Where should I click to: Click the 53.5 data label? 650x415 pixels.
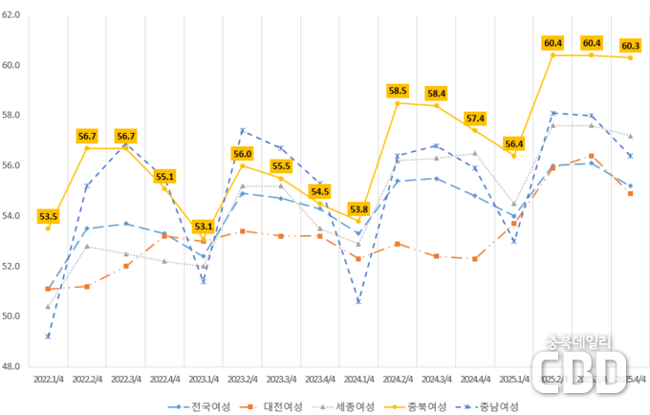tap(48, 216)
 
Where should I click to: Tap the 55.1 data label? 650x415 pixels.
tap(164, 176)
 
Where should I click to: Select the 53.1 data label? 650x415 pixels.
tap(203, 227)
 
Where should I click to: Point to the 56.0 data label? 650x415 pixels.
tap(242, 154)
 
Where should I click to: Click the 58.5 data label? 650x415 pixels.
tap(398, 90)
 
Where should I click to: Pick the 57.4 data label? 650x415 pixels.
tap(475, 118)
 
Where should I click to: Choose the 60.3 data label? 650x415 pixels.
tap(630, 45)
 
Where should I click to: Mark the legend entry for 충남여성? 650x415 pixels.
tap(491, 405)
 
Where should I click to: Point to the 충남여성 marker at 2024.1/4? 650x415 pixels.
tap(358, 301)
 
